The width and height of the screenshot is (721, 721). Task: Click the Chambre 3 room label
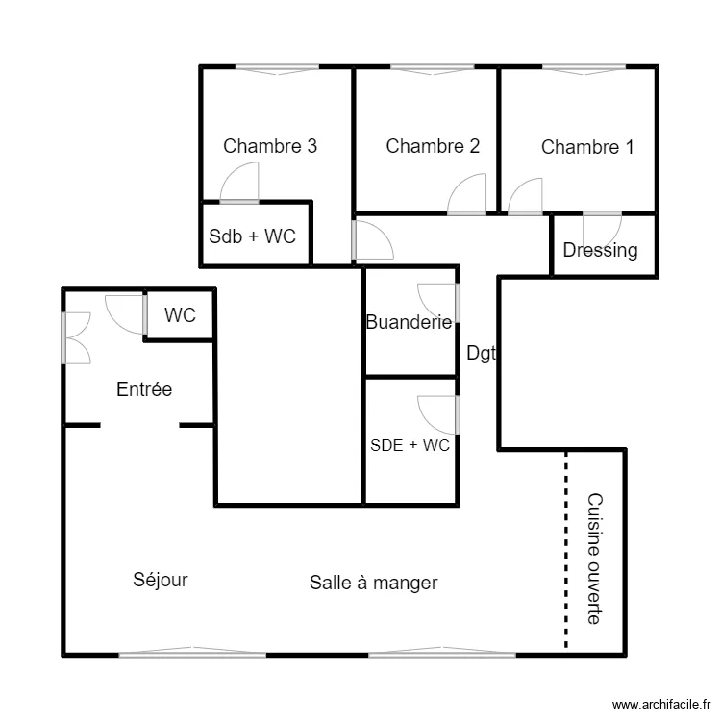[270, 146]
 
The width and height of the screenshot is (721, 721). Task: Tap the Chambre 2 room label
[433, 146]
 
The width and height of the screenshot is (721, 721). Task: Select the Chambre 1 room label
[587, 147]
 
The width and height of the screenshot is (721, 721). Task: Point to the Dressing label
[600, 251]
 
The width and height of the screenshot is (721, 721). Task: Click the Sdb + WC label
[252, 236]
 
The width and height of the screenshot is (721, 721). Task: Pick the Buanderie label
[409, 323]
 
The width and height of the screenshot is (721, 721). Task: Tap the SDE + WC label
[410, 445]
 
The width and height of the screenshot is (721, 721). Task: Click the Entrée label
[144, 389]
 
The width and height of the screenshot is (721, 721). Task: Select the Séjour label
[161, 580]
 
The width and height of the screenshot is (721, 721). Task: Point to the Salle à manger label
[374, 582]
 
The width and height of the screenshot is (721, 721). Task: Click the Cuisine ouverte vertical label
[594, 558]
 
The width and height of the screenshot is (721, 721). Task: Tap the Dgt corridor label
[480, 354]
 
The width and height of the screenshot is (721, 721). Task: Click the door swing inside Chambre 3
[241, 184]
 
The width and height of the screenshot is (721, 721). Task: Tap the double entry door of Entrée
[76, 337]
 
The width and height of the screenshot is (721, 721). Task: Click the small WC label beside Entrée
[180, 315]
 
